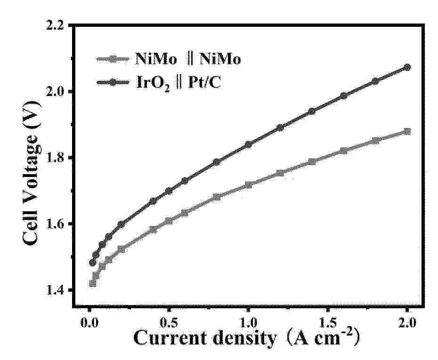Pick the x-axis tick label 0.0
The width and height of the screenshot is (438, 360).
[89, 323]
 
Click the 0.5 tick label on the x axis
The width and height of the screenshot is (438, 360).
[169, 323]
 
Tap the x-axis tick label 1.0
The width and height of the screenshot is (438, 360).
[248, 323]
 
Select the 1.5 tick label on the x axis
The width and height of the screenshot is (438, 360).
[328, 323]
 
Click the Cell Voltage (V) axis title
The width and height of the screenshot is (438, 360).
[31, 173]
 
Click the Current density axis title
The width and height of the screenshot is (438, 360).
[246, 338]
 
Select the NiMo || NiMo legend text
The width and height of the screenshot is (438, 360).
[188, 59]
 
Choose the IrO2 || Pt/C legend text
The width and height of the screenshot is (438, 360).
[178, 82]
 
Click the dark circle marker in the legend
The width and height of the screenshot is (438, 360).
[113, 82]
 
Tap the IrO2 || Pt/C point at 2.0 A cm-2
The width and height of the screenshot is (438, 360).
[407, 67]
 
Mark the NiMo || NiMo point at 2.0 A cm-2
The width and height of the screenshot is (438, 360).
[407, 132]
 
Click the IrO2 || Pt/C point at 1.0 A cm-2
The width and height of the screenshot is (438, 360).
[248, 144]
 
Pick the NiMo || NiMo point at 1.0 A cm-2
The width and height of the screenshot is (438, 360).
[248, 185]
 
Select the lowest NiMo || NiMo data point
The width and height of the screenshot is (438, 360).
[93, 284]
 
